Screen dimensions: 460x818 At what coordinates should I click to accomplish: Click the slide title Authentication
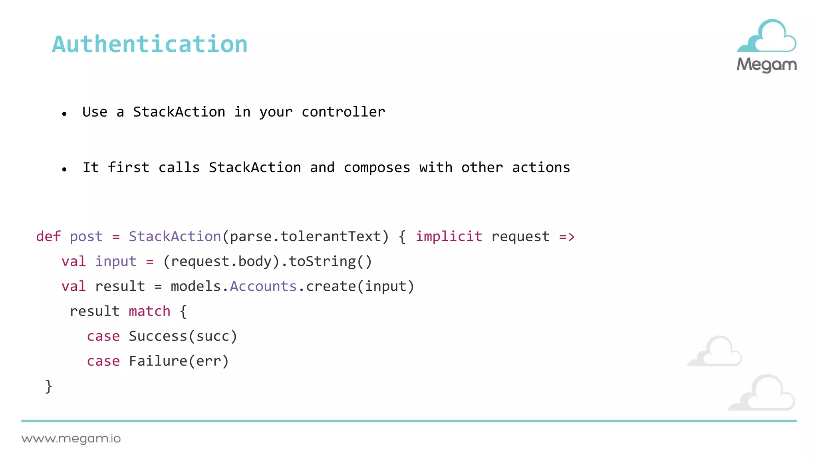[x=150, y=44]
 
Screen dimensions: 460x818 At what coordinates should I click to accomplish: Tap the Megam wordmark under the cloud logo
[x=766, y=65]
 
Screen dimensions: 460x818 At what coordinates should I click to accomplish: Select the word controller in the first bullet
[x=343, y=112]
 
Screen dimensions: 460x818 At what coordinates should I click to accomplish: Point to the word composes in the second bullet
[x=377, y=168]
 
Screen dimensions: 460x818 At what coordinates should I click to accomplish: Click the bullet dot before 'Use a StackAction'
[x=64, y=114]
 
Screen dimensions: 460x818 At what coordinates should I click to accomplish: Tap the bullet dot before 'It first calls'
[x=64, y=170]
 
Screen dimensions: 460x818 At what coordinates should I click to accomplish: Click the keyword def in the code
[x=48, y=236]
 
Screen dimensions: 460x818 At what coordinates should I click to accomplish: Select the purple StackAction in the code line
[x=175, y=236]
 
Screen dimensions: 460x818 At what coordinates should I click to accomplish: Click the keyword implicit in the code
[x=449, y=236]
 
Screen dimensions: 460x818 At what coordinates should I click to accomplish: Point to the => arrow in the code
[x=567, y=237]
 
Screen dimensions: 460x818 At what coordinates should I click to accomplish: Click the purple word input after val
[x=116, y=262]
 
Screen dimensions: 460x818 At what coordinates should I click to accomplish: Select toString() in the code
[x=330, y=262]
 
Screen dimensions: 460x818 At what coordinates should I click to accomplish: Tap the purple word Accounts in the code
[x=263, y=286]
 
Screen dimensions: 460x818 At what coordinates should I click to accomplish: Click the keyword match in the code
[x=149, y=311]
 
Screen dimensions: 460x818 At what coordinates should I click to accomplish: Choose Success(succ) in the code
[x=183, y=336]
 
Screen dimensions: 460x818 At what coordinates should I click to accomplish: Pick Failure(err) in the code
[x=179, y=361]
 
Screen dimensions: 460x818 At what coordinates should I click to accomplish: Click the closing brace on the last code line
[x=49, y=386]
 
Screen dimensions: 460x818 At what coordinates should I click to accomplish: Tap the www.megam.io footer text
[x=71, y=439]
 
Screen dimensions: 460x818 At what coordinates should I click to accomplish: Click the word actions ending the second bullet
[x=541, y=168]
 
